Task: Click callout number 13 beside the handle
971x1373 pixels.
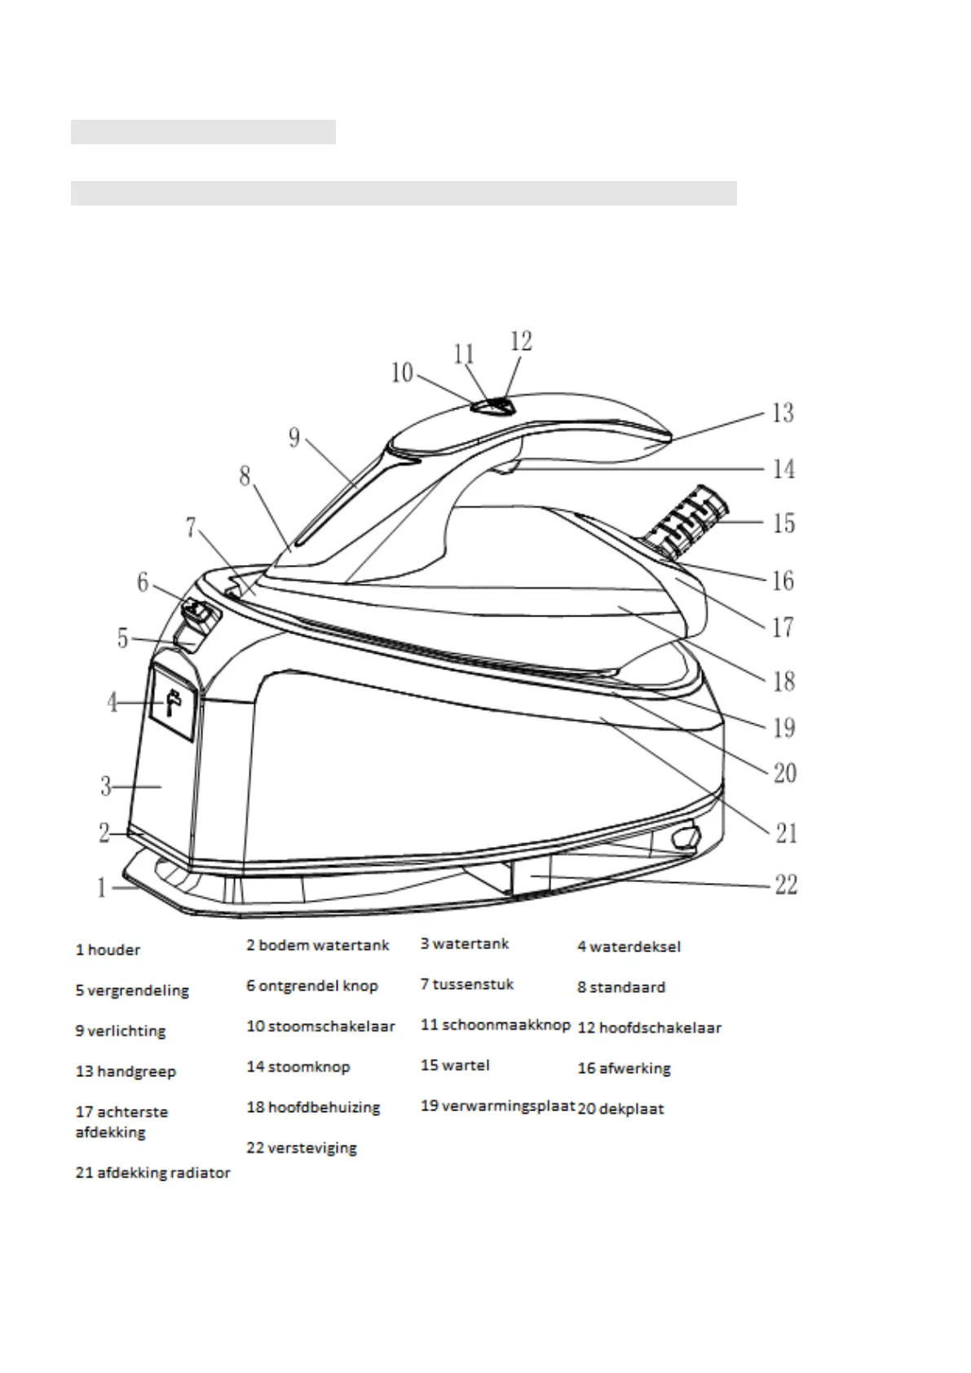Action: (782, 413)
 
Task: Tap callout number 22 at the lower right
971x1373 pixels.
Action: (785, 884)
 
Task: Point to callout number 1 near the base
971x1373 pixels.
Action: (102, 887)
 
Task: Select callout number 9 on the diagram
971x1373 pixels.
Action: (294, 439)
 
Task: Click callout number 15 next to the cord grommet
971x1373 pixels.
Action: (783, 523)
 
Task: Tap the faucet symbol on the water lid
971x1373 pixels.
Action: (173, 702)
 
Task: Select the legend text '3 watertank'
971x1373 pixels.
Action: (465, 944)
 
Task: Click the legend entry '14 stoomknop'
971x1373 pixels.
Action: (298, 1066)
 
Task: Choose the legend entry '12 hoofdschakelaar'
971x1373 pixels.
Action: (649, 1028)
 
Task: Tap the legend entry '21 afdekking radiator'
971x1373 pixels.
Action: (152, 1173)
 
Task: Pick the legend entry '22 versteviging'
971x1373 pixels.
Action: (302, 1148)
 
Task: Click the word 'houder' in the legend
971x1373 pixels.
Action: (114, 950)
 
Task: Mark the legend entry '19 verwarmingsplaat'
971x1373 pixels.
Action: (497, 1107)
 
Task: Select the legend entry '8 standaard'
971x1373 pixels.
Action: (621, 987)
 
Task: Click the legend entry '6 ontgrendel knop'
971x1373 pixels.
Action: (312, 986)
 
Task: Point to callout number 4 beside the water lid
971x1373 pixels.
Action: (113, 702)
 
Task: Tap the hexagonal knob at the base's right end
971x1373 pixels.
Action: (686, 837)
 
